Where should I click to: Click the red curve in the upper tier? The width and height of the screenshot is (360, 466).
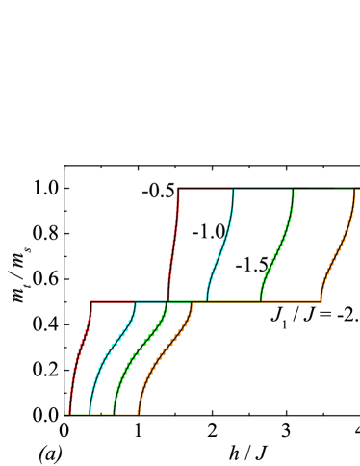click(x=173, y=246)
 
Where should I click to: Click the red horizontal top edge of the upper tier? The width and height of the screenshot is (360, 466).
click(x=204, y=188)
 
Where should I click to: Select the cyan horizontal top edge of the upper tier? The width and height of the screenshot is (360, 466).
click(x=262, y=188)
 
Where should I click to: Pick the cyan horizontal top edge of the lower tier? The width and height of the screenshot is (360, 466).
click(x=150, y=301)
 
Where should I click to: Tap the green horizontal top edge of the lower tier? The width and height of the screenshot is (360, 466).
click(x=179, y=302)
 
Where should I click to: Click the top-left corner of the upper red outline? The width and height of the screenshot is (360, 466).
click(x=178, y=188)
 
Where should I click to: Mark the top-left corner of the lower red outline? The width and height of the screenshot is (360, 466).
click(x=90, y=301)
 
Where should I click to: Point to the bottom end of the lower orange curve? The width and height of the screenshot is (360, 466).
click(x=139, y=414)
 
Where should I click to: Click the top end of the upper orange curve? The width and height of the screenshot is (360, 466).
click(x=355, y=189)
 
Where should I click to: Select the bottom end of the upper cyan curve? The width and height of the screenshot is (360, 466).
click(x=206, y=300)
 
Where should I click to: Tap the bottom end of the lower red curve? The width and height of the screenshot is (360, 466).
click(x=69, y=414)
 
